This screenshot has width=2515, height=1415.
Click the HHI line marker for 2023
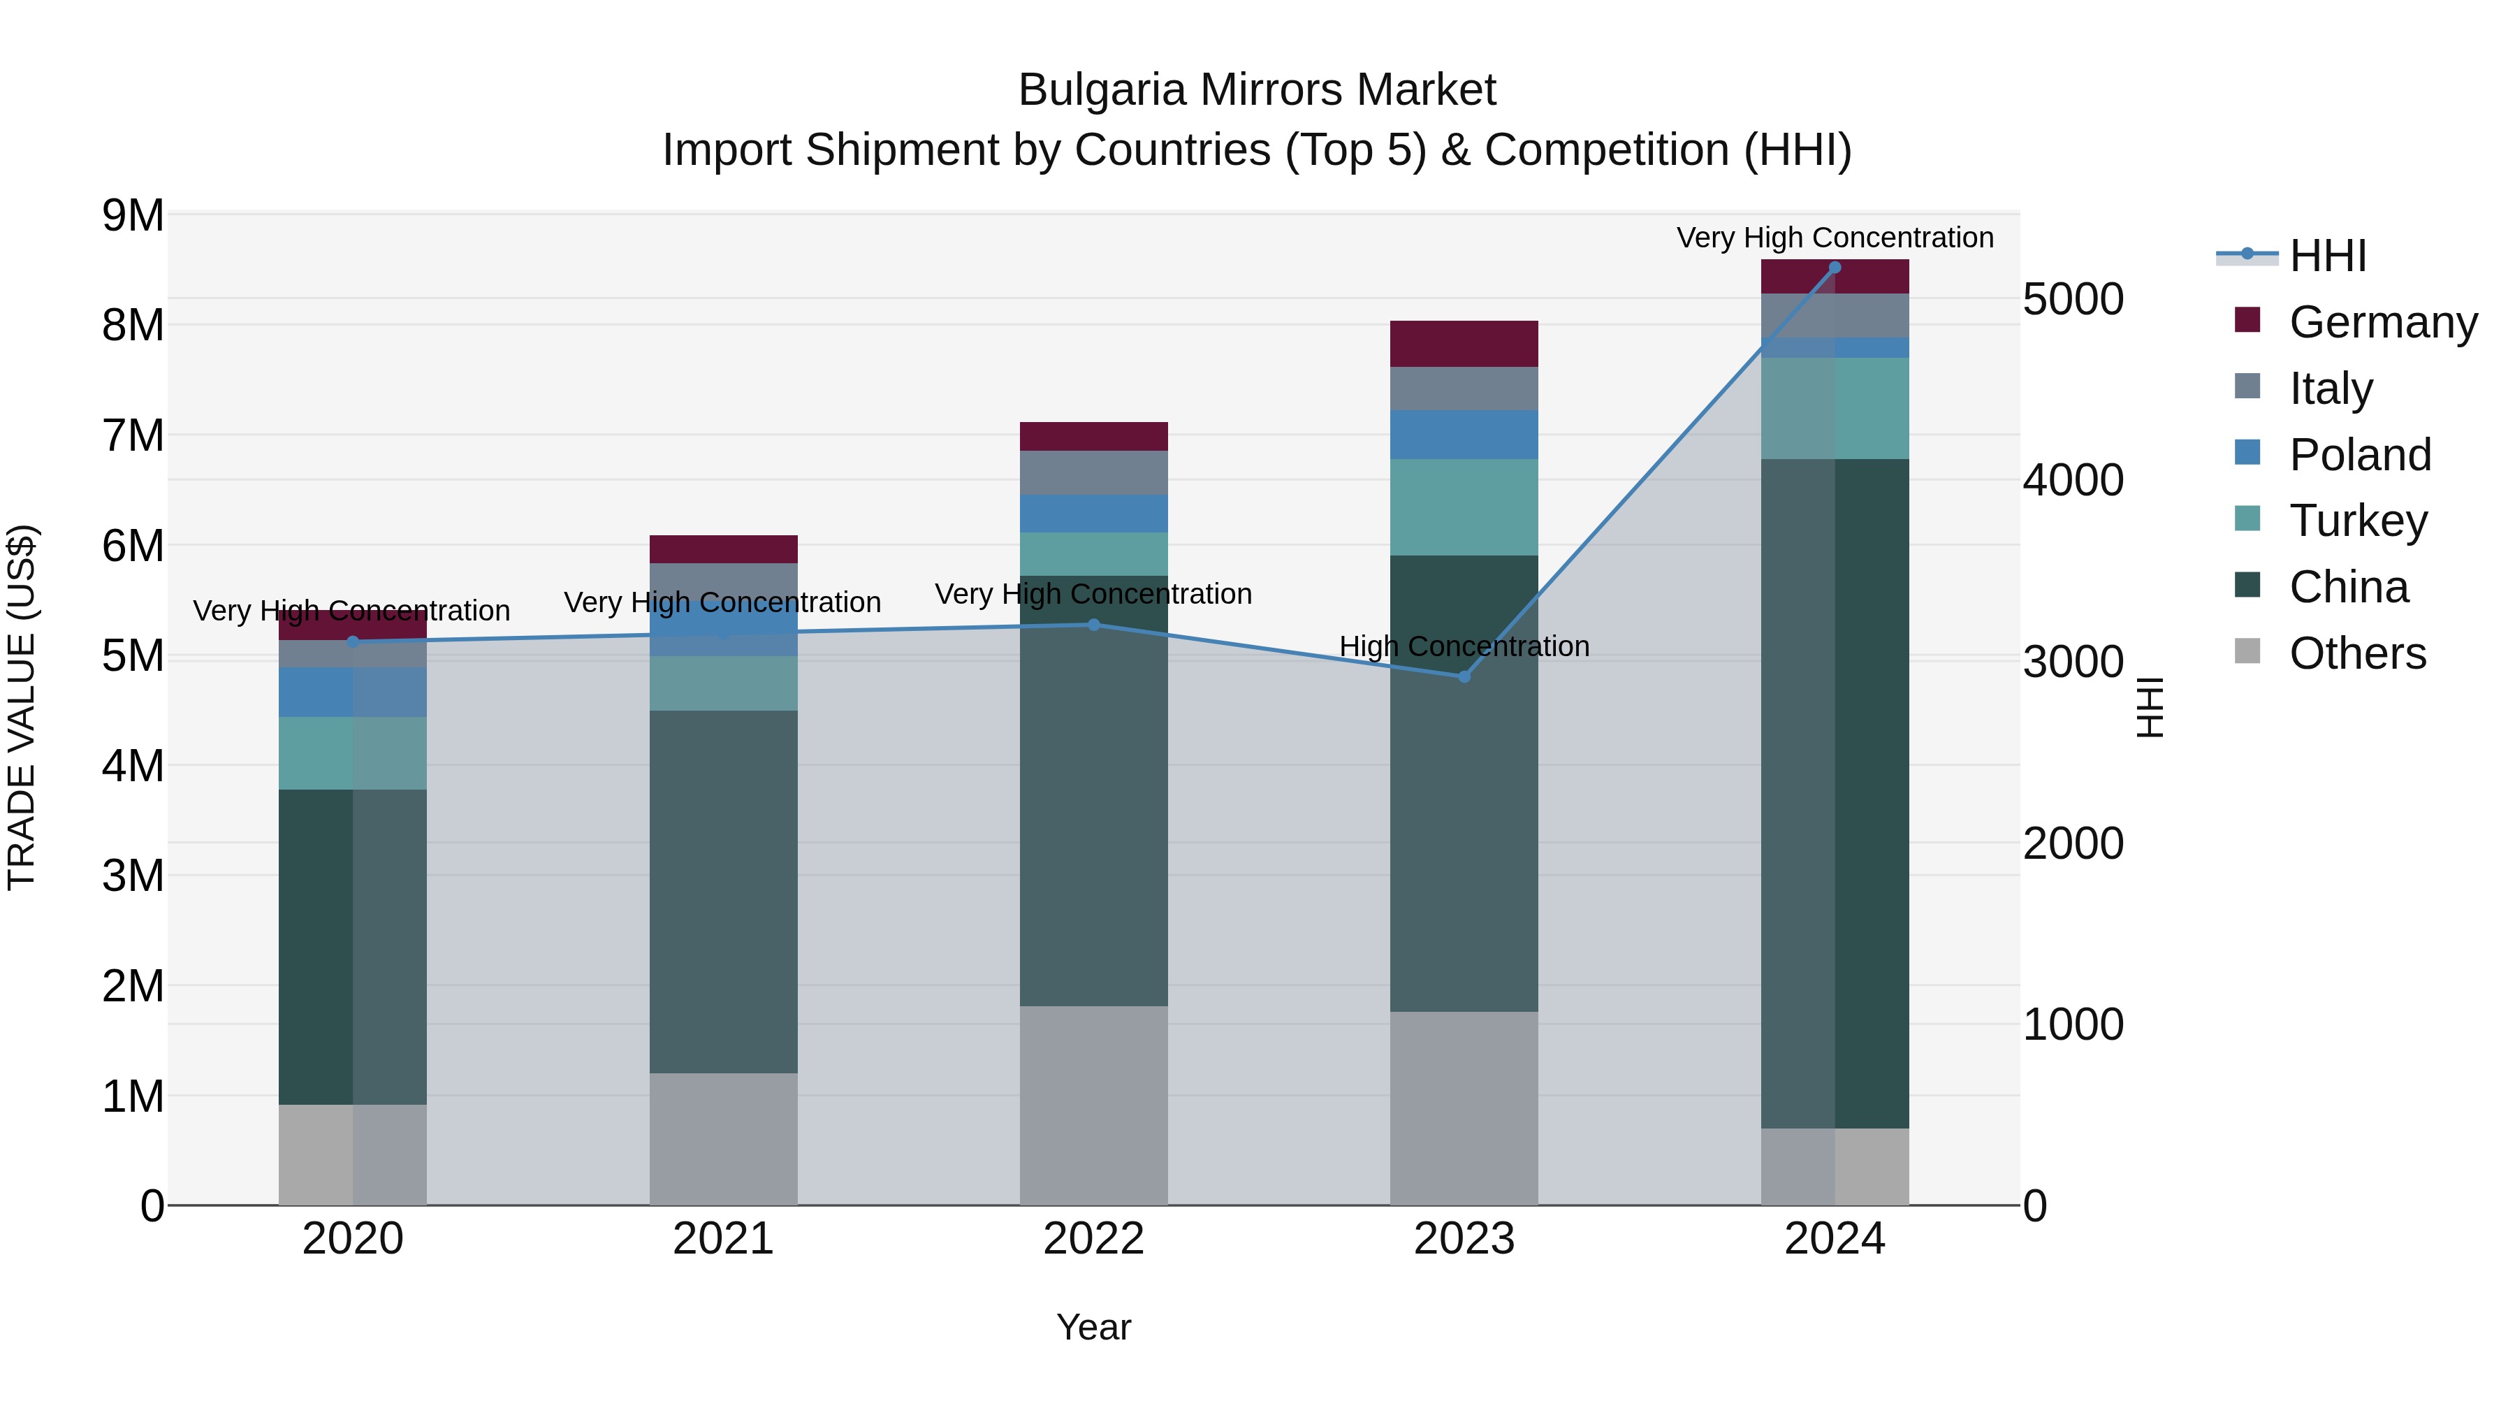pos(1464,676)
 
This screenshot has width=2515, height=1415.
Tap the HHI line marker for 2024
pos(1835,268)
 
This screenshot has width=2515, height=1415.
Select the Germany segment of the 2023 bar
pos(1464,344)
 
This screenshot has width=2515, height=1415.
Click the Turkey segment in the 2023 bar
pos(1464,507)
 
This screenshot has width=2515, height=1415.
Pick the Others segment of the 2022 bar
pos(1093,1105)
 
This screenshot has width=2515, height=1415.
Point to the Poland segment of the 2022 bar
pos(1093,514)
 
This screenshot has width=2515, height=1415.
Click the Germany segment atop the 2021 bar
pos(724,549)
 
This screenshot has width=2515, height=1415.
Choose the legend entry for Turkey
pos(2358,521)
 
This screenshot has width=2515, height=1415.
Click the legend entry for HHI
pos(2328,256)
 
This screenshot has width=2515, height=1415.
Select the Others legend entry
pos(2357,653)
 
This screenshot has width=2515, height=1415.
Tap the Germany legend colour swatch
pos(2247,320)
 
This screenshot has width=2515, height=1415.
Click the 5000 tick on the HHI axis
pos(2073,299)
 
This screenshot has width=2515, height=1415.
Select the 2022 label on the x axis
pos(1093,1238)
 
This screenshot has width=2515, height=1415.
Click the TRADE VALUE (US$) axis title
pos(22,707)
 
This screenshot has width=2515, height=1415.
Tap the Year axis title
pos(1093,1327)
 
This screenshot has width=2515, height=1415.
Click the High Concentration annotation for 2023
pos(1464,646)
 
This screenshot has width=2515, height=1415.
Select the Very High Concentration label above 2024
pos(1835,238)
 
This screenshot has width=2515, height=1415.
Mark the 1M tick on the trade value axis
pos(133,1096)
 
